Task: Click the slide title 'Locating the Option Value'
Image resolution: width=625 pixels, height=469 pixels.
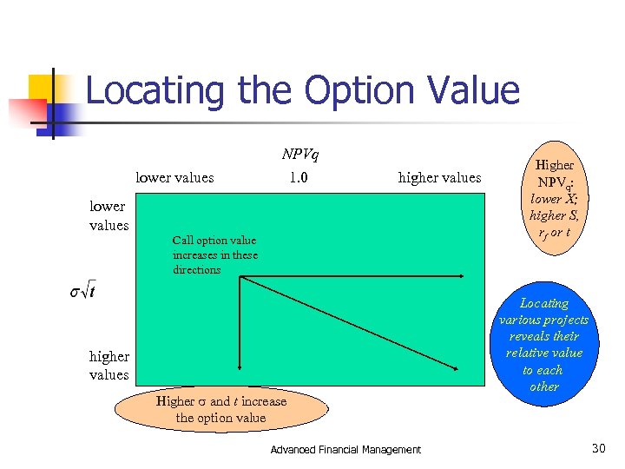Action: (302, 90)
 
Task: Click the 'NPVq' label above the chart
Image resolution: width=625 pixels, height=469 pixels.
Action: (299, 155)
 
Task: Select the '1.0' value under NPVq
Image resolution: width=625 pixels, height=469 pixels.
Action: (299, 178)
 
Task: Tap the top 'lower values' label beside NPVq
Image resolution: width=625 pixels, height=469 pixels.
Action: (174, 178)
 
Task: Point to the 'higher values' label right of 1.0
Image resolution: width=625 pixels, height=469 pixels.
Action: (439, 178)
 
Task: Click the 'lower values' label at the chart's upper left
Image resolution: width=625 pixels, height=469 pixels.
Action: (109, 216)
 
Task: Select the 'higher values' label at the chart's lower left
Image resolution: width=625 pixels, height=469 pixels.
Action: (109, 366)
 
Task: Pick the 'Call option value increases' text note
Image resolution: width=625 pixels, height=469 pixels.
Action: (214, 254)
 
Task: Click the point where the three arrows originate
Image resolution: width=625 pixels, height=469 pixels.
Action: (240, 277)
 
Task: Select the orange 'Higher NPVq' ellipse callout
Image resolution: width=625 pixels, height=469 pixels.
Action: (555, 198)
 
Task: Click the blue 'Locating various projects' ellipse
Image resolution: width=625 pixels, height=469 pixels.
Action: (544, 345)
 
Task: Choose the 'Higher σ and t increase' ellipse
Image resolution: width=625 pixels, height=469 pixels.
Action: (220, 409)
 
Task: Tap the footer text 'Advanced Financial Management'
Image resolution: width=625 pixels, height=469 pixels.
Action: (345, 450)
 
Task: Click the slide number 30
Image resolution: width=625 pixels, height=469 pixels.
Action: (597, 448)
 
